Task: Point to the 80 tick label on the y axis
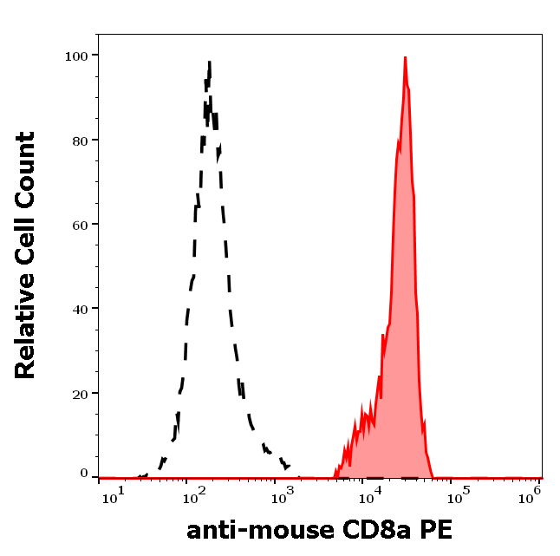[80, 141]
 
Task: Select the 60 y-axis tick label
[80, 225]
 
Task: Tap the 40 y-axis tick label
[80, 309]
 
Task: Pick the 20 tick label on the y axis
[80, 393]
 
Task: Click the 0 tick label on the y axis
[84, 474]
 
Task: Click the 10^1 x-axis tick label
[114, 494]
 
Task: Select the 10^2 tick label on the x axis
[192, 494]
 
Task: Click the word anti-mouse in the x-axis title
[261, 529]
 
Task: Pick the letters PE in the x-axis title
[437, 529]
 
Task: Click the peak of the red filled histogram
[405, 58]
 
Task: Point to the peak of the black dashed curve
[210, 62]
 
